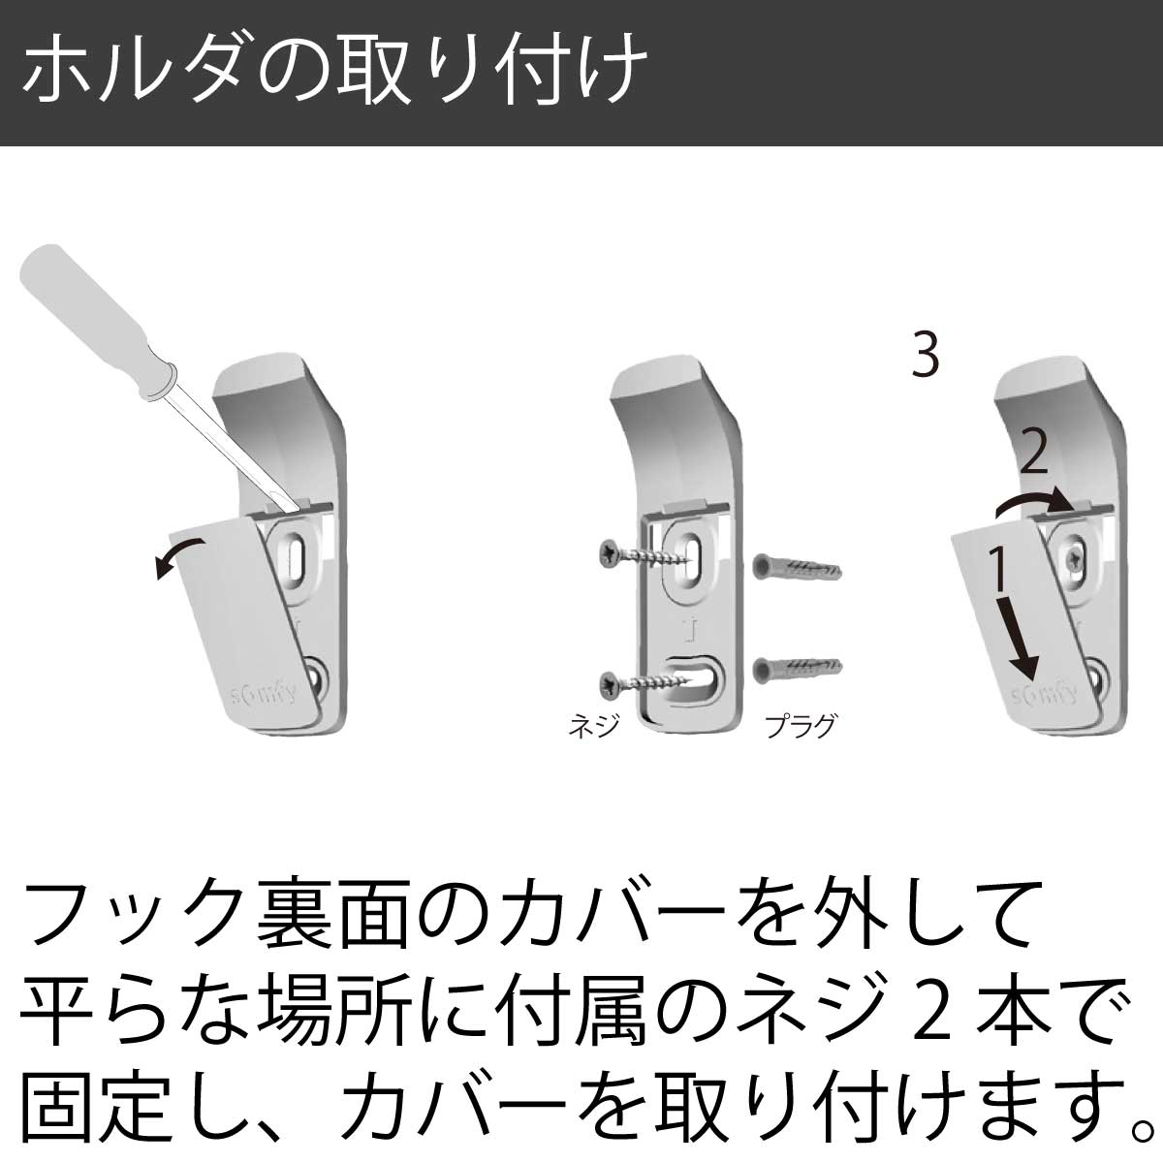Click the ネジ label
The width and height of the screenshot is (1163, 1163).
coord(594,726)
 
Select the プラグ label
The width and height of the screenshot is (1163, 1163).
coord(801,726)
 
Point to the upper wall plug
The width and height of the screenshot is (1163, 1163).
coord(797,568)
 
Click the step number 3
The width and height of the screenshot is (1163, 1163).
coord(926,356)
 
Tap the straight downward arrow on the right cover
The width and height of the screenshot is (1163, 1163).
coord(1020,645)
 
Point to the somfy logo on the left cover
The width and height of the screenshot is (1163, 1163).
coord(264,694)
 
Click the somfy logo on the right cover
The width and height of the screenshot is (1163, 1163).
coord(1044,695)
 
